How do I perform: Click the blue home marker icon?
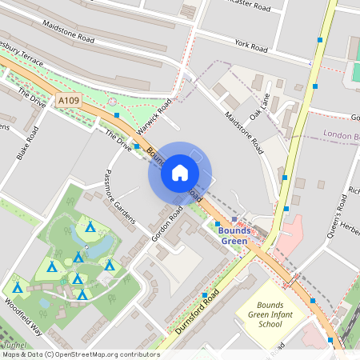point(180,173)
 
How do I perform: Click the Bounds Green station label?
point(234,236)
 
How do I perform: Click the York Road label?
point(251,47)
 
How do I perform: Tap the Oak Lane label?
point(260,109)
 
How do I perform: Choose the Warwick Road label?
point(154,117)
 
